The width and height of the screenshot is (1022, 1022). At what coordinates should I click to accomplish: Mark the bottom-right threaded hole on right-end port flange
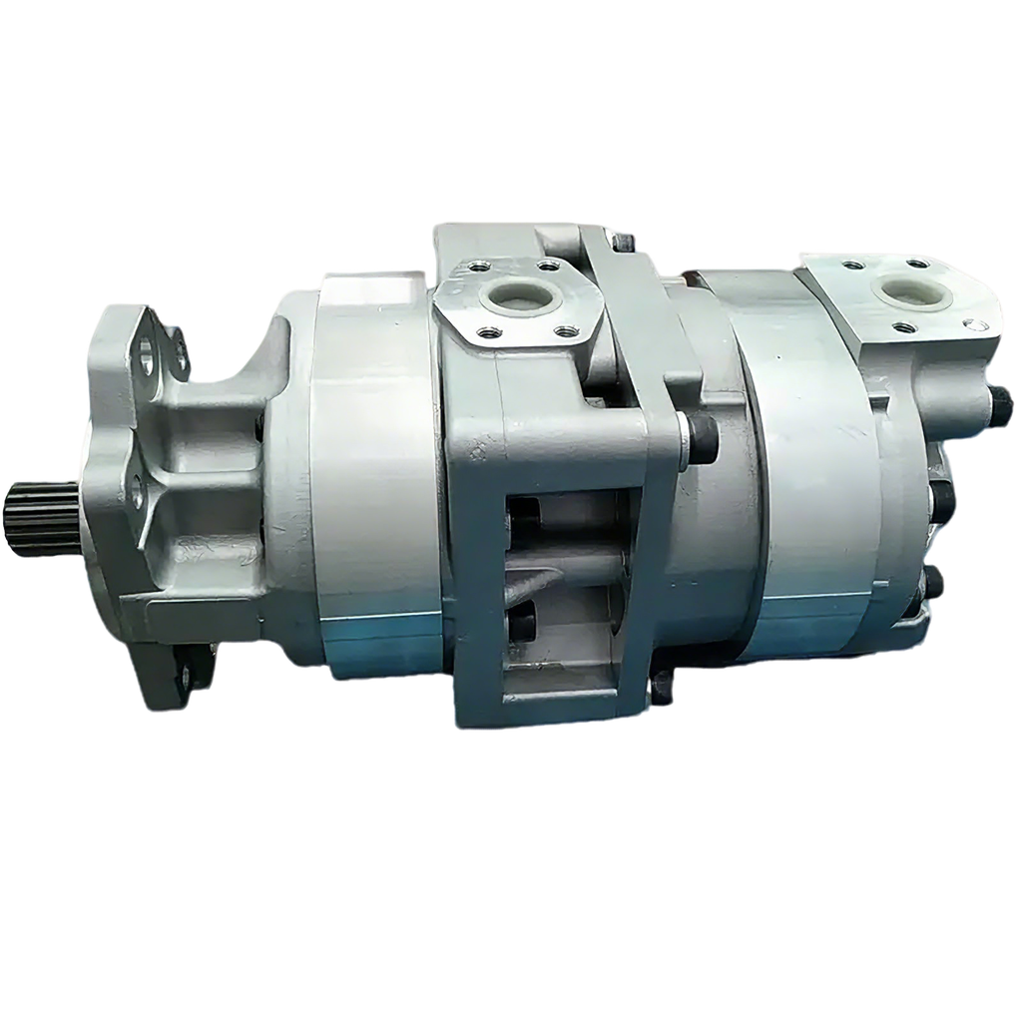(x=968, y=324)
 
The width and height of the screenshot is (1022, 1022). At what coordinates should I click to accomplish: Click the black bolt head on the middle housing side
(x=701, y=438)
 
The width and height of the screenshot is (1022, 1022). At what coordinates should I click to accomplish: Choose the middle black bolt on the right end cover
(x=943, y=495)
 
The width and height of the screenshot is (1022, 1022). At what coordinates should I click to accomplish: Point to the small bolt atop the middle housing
(x=625, y=240)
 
